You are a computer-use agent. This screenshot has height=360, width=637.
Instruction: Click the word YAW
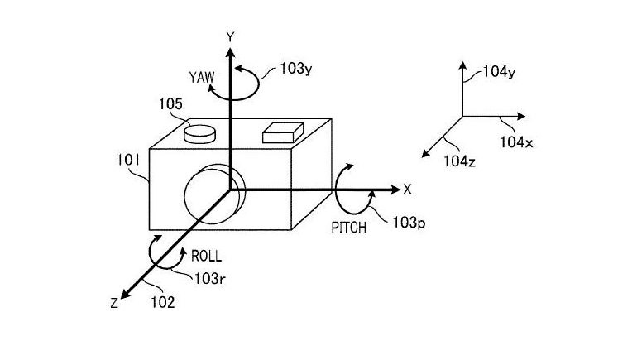click(201, 79)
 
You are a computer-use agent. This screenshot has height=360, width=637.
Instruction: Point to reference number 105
click(172, 105)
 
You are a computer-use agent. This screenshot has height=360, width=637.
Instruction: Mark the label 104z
click(458, 159)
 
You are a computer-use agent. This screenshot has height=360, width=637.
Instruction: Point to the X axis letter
click(406, 189)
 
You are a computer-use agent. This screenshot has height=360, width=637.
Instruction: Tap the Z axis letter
click(113, 303)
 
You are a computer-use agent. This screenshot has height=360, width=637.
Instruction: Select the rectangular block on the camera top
click(281, 131)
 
